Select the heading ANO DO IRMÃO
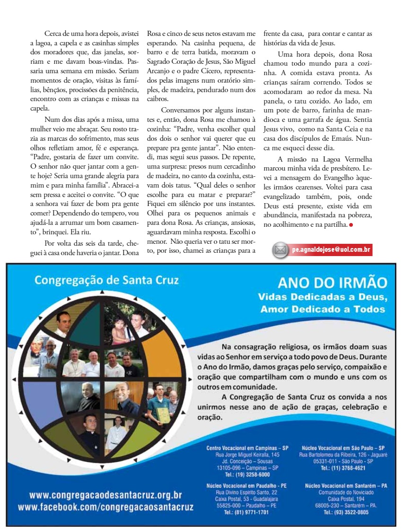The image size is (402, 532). [x=332, y=283]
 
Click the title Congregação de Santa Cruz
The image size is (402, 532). [x=106, y=280]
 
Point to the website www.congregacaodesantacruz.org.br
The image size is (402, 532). [x=105, y=496]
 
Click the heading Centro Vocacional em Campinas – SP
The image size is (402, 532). [x=247, y=447]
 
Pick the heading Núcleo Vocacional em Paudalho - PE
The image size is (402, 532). [x=246, y=485]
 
